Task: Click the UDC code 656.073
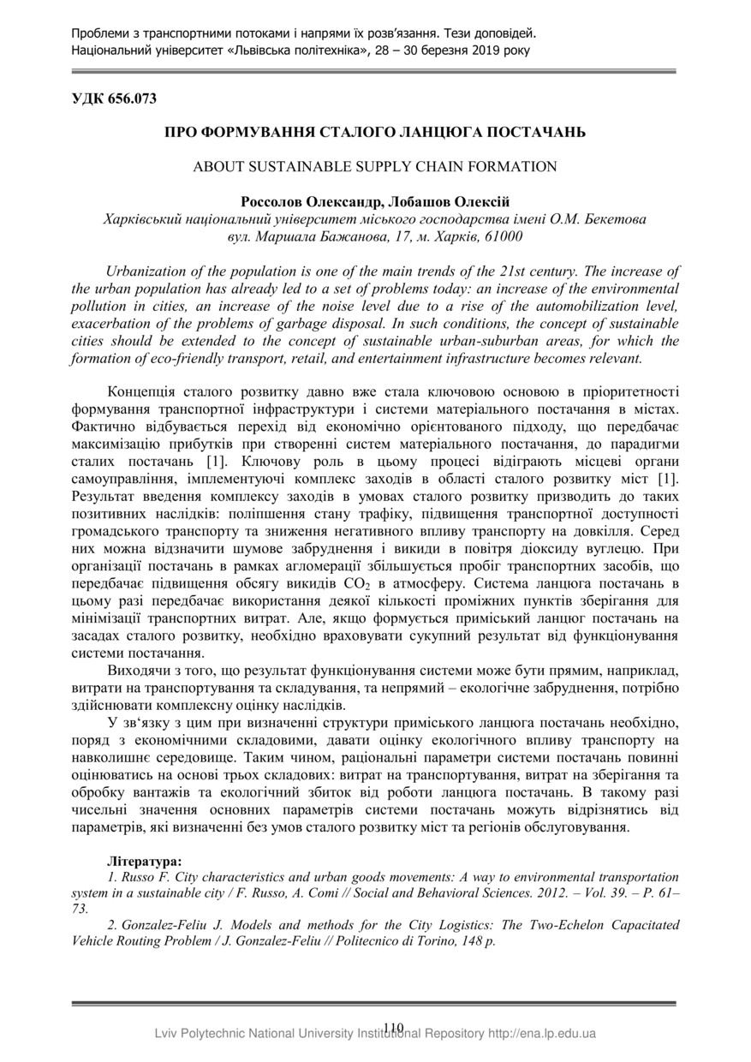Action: point(129,98)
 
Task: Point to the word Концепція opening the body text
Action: point(143,393)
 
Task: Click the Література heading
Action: point(144,860)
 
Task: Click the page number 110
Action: point(394,1027)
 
